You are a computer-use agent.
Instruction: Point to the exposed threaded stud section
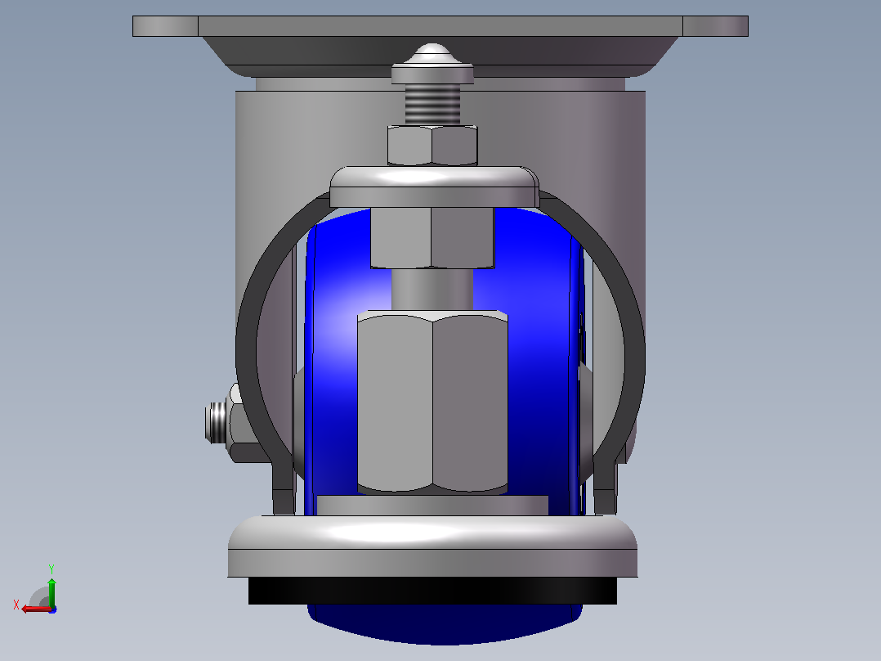432,105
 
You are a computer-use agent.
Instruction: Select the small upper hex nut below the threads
432,146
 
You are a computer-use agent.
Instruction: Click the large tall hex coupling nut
432,402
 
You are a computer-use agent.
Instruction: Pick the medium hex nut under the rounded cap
432,237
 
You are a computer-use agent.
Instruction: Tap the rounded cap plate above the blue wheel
434,187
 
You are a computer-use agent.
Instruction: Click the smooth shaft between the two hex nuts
432,289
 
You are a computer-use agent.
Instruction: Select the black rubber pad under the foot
432,591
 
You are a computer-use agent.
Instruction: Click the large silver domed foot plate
432,546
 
